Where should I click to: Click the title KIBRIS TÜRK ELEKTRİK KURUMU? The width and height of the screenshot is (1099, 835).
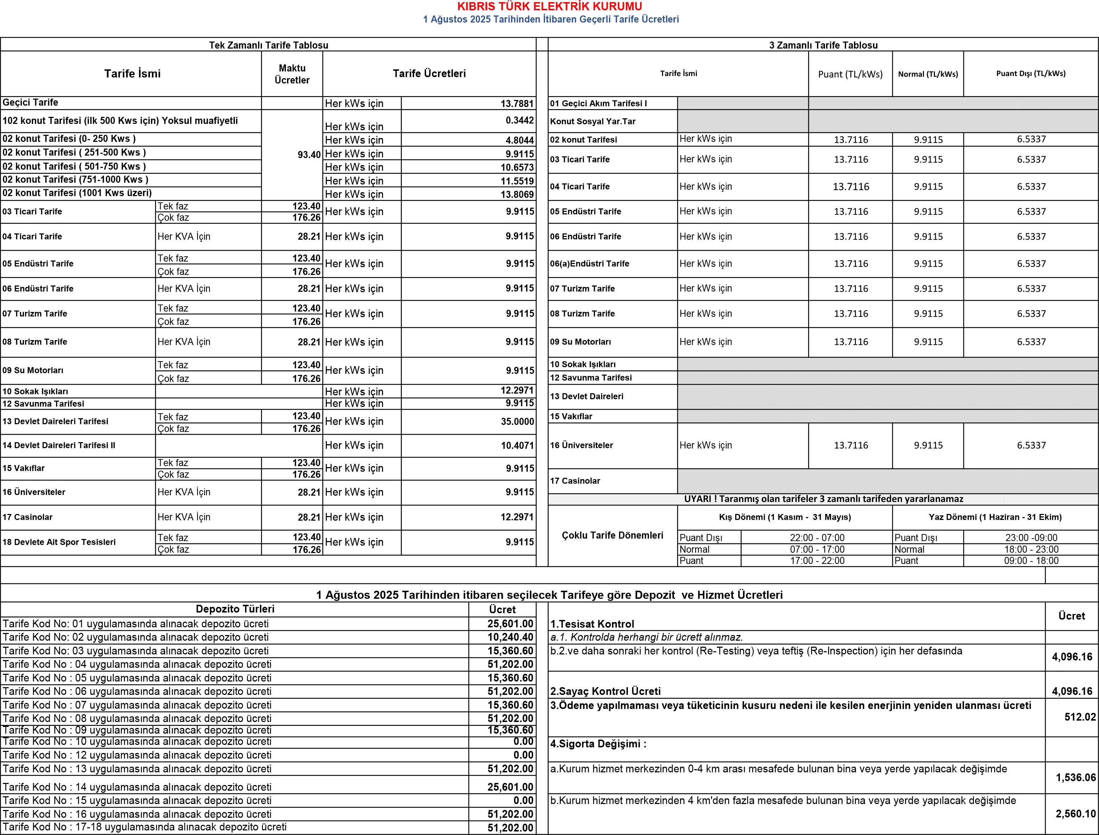coord(549,6)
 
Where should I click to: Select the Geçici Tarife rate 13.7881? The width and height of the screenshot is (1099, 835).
coord(517,103)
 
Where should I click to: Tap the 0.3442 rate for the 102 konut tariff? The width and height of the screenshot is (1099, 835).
coord(519,120)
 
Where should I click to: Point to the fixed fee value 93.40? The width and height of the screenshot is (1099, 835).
coord(309,155)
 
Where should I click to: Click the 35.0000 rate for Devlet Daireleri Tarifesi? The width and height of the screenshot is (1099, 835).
coord(517,421)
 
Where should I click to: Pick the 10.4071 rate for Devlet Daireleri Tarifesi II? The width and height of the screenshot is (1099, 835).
coord(517,445)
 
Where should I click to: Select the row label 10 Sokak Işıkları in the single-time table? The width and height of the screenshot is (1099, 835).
coord(35,391)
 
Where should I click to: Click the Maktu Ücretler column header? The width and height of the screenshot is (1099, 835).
coord(292,74)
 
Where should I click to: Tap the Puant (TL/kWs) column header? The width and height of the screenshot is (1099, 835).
coord(850,74)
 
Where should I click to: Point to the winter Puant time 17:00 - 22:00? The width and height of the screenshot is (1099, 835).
coord(817,561)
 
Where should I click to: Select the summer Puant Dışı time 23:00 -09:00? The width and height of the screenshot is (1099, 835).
coord(1031,538)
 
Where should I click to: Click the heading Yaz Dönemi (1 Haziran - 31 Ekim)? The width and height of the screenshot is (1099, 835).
coord(995,517)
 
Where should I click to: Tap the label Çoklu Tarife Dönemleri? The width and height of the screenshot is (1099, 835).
coord(612,535)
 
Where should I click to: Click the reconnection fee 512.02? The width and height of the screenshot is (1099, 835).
coord(1080,717)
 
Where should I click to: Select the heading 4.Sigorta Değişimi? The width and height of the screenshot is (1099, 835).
coord(598,744)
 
